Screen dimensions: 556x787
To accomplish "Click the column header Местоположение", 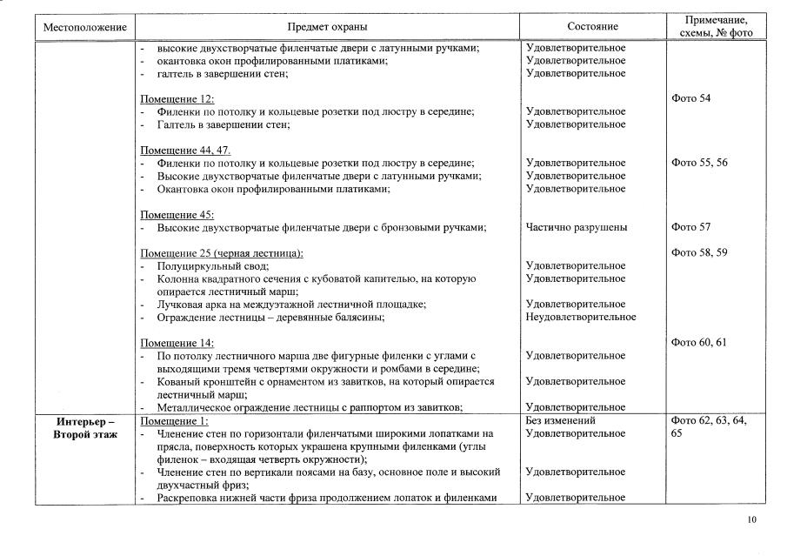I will coord(85,28).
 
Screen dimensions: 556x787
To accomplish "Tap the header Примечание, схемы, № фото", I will coord(715,26).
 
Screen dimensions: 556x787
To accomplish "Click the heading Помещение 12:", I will coord(177,99).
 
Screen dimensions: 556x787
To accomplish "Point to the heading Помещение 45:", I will coord(177,215).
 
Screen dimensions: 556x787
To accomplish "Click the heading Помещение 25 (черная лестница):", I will coord(222,253).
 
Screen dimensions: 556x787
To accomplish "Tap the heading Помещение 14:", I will coord(177,343).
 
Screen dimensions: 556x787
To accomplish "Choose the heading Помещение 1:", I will coord(175,421).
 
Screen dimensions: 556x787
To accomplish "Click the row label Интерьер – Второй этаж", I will coord(85,427).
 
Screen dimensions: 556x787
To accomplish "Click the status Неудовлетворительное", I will coord(581,318).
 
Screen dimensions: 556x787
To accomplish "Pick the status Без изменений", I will coord(562,421).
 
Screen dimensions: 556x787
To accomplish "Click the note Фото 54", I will coord(691,99).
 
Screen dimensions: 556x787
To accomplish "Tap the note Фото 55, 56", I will coord(699,163).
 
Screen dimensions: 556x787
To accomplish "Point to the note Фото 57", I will coord(691,228).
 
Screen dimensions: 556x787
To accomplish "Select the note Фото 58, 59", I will coord(699,253).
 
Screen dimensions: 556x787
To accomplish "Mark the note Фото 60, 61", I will coord(699,343).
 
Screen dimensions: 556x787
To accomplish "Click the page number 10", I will coord(751,520).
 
